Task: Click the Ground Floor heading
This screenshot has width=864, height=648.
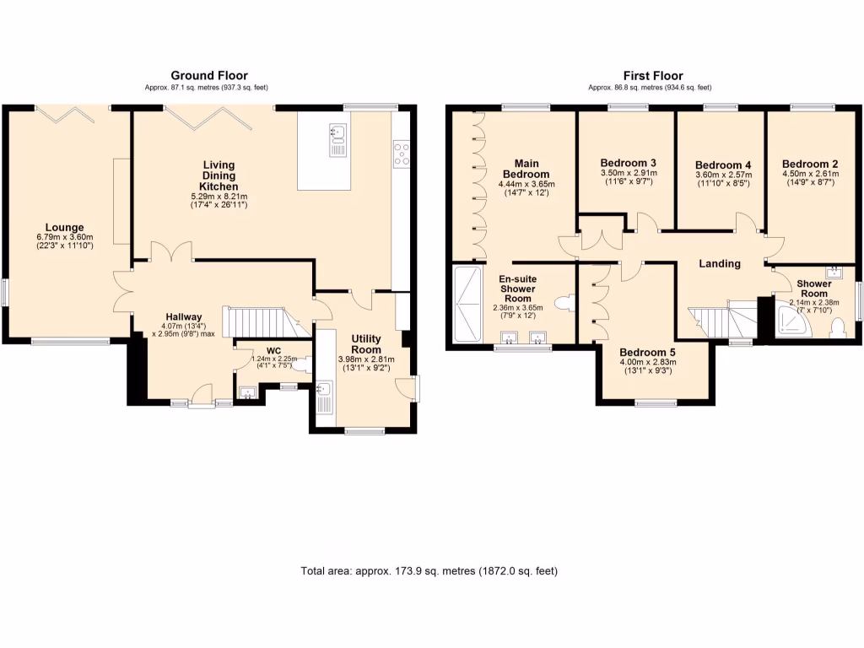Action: (209, 75)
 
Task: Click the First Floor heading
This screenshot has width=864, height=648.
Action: (653, 75)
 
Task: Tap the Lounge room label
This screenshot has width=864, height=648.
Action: (64, 227)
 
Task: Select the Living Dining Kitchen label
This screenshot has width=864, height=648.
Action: (219, 175)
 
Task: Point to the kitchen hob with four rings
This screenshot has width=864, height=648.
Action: (401, 154)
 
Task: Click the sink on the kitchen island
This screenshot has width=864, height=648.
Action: (337, 140)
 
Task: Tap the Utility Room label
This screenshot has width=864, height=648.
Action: (366, 344)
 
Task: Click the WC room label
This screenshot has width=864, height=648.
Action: (273, 351)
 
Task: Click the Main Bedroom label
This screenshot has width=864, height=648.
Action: (526, 169)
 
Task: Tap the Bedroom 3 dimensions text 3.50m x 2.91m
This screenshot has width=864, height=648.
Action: (628, 172)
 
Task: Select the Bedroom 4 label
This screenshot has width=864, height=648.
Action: (723, 165)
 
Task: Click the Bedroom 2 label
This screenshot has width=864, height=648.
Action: (810, 164)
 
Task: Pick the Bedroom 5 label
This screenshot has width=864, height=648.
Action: (647, 352)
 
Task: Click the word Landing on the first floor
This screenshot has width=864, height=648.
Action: (720, 263)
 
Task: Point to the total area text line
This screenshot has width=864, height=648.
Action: (429, 571)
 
